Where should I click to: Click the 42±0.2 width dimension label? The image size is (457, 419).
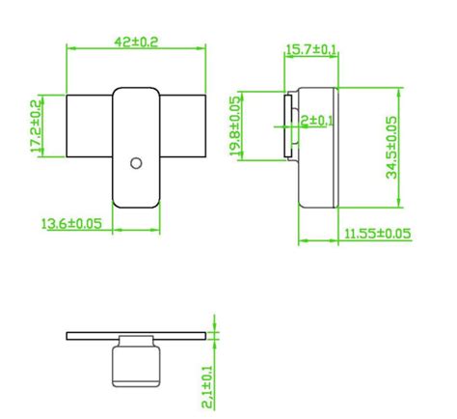(x=136, y=42)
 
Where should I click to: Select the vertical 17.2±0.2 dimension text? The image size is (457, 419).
(x=36, y=126)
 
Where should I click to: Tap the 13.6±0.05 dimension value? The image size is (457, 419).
(x=72, y=224)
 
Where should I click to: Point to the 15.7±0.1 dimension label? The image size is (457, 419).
(x=310, y=49)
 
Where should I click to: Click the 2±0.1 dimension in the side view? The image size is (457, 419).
(x=315, y=120)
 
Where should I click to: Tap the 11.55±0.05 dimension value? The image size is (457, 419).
(x=378, y=234)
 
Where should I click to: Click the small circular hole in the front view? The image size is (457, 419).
(x=136, y=162)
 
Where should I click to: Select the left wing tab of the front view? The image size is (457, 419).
(x=89, y=126)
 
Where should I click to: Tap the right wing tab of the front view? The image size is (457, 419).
(x=183, y=126)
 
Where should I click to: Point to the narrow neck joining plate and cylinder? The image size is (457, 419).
(x=136, y=343)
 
